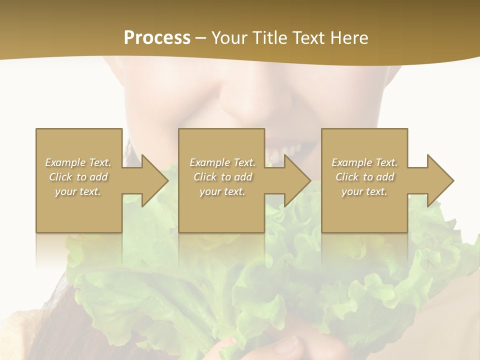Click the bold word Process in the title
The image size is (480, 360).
point(157,38)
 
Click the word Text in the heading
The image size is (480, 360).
point(305,38)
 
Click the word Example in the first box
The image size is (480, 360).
point(65,162)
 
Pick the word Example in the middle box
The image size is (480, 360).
point(209,162)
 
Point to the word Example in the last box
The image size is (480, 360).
point(351,162)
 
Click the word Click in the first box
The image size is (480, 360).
point(60,177)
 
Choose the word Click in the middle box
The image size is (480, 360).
point(205,177)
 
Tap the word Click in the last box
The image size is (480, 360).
point(347,177)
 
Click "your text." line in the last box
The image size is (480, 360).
point(364,191)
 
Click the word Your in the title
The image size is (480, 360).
point(228,38)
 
